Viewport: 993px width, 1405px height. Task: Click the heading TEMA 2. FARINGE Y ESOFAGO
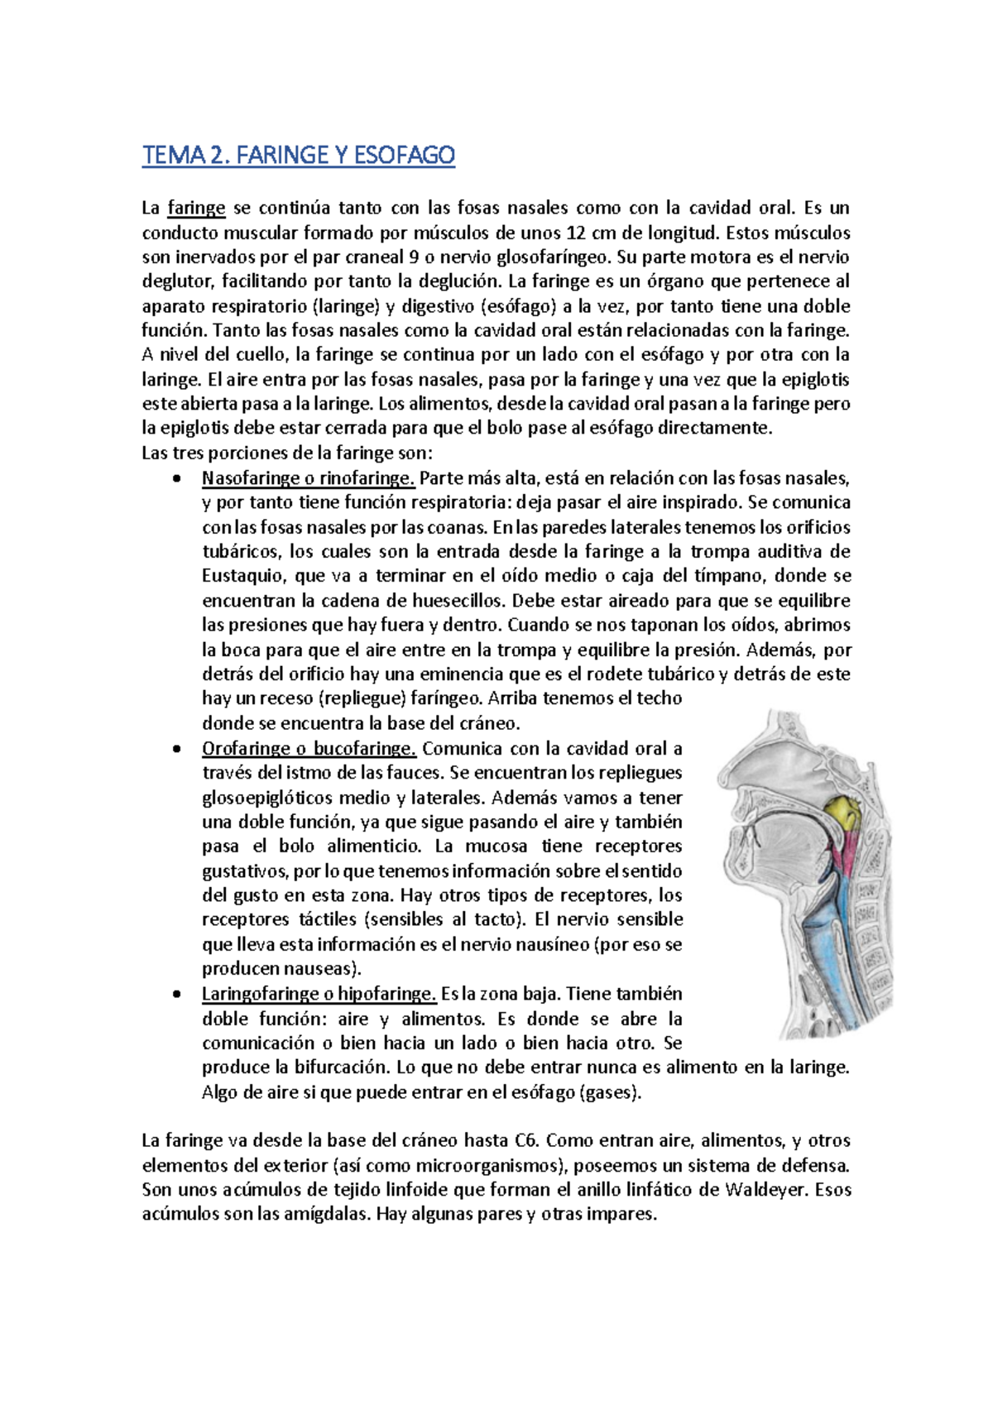click(298, 155)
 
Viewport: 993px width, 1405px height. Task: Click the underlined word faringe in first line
click(196, 208)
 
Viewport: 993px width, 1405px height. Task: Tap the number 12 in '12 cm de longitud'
click(578, 233)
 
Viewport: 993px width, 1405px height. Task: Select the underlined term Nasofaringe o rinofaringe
click(308, 478)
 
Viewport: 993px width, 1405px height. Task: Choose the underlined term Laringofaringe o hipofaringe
click(319, 994)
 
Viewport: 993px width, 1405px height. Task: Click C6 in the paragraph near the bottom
click(526, 1141)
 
